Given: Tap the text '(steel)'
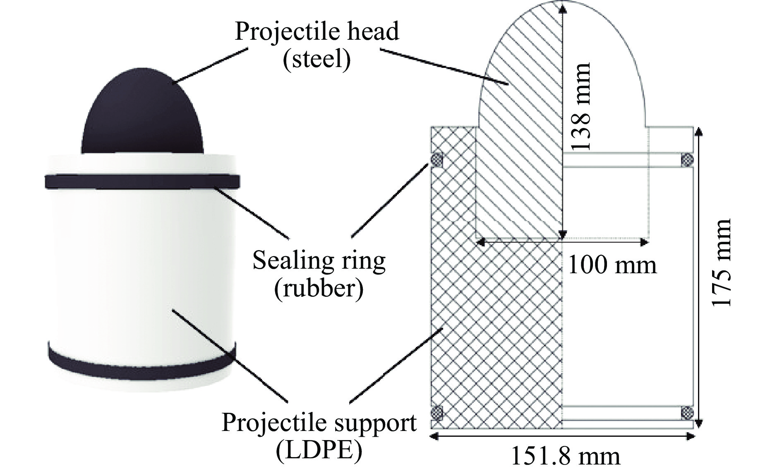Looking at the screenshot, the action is tap(317, 59).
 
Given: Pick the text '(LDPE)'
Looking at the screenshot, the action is tap(319, 450).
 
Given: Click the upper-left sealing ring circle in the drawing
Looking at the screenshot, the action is tap(437, 159).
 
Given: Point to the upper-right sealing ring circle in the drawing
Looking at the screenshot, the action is tap(687, 159).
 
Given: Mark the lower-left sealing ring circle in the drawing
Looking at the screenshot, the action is tap(437, 413).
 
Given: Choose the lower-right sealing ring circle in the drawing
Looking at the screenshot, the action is tap(687, 413).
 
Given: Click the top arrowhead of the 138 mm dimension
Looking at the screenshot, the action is tap(562, 7).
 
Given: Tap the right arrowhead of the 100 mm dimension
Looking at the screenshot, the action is tap(644, 242).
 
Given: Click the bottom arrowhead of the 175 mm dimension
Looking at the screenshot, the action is tap(699, 422).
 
